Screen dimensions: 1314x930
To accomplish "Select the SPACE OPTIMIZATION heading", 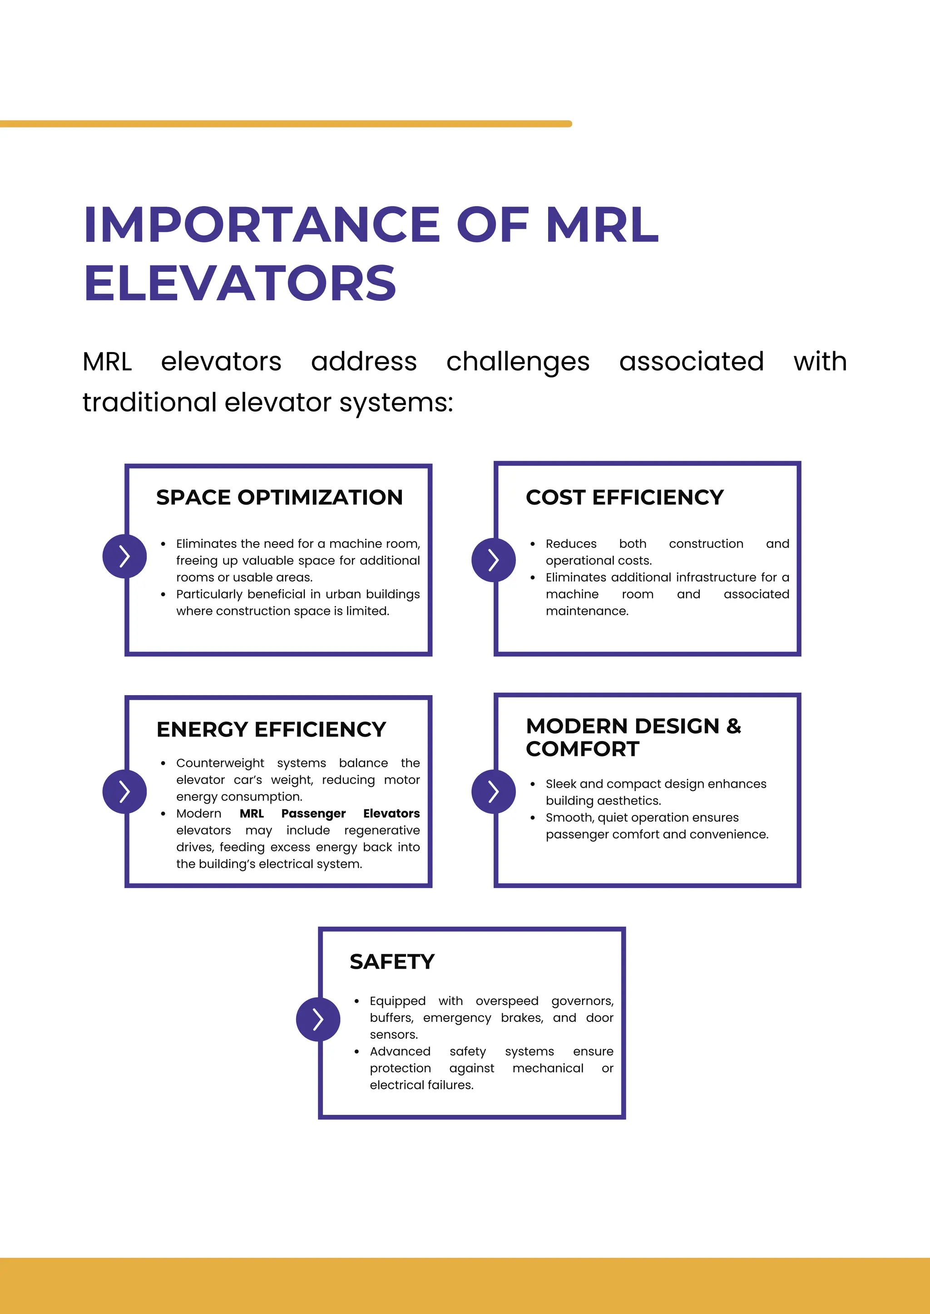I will [x=279, y=497].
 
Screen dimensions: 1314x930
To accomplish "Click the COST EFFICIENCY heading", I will [x=625, y=497].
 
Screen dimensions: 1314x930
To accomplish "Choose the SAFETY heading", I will [x=392, y=961].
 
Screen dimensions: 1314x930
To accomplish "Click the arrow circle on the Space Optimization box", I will [x=125, y=556].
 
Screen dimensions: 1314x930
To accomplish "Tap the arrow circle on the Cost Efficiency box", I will [x=494, y=560].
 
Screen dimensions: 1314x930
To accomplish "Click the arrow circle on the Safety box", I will [x=318, y=1019].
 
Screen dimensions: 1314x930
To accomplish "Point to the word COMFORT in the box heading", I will [x=583, y=749].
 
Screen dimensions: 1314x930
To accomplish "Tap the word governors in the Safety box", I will [x=583, y=1001].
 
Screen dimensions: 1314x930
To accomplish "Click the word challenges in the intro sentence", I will [x=518, y=362].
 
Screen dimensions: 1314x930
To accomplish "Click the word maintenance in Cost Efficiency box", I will [x=587, y=611].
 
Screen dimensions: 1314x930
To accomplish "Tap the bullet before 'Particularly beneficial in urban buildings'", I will [x=163, y=595].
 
